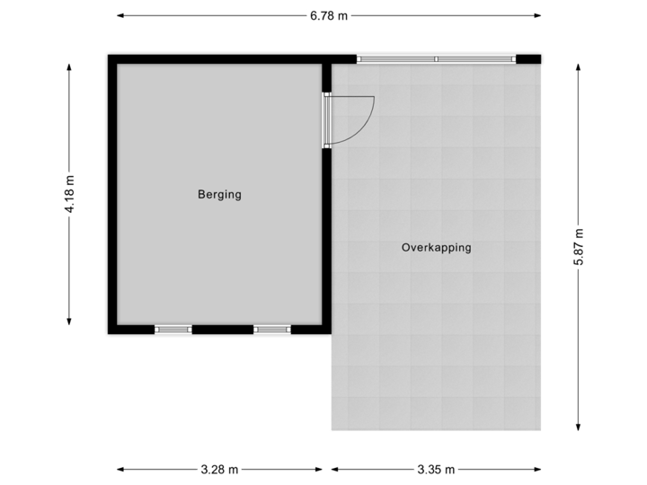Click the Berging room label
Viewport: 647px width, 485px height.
click(220, 194)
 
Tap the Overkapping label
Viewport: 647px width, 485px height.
click(437, 248)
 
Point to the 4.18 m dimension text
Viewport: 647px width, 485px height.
click(69, 194)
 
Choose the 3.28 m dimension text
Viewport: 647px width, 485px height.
click(219, 469)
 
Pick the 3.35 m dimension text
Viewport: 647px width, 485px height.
click(437, 469)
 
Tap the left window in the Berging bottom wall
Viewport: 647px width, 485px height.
click(173, 330)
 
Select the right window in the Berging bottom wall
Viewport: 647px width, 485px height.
click(271, 330)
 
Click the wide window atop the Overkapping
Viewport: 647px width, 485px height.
click(437, 59)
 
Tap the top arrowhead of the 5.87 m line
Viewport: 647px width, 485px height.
click(578, 66)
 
